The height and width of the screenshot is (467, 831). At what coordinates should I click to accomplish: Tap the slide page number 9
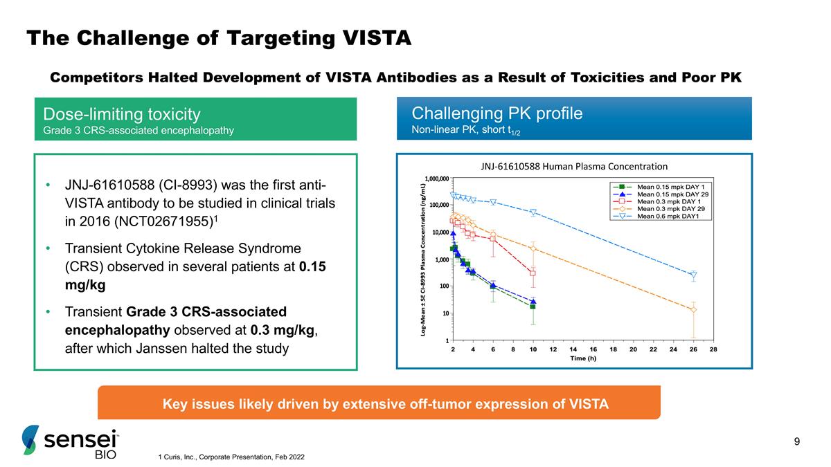click(x=797, y=442)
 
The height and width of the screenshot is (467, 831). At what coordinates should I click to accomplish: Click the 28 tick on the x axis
click(x=714, y=349)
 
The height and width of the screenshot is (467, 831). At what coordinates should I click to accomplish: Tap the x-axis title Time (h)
click(x=583, y=358)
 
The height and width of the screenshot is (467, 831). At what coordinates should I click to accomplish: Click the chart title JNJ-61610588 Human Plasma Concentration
click(x=574, y=166)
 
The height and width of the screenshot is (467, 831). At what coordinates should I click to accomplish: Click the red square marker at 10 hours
click(x=533, y=273)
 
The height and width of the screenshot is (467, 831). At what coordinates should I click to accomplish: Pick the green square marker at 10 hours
click(x=533, y=306)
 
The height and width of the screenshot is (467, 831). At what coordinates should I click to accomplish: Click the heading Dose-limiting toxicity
click(x=122, y=113)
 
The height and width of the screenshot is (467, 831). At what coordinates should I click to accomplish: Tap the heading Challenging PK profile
click(x=497, y=113)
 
